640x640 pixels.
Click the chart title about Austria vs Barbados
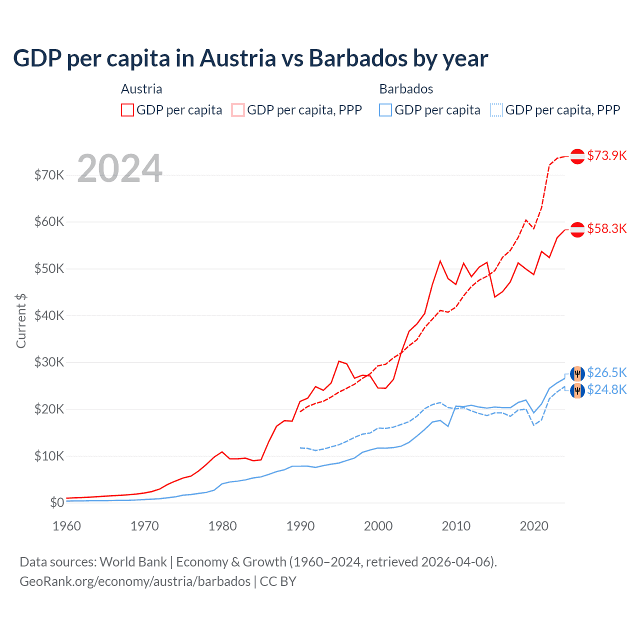[250, 58]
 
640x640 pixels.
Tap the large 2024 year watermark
[119, 168]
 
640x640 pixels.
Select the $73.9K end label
[606, 155]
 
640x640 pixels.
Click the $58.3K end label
[606, 228]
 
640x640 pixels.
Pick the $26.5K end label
[606, 372]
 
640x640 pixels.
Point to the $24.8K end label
[606, 389]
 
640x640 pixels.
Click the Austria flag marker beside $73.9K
[577, 156]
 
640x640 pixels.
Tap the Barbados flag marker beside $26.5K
[577, 373]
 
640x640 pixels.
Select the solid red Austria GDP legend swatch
[127, 110]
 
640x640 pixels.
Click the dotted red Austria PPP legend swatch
[238, 110]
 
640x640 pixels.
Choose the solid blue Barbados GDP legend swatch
[385, 110]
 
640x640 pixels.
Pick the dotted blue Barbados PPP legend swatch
[496, 110]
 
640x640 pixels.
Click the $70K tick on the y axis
[49, 175]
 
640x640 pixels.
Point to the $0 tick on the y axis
[57, 502]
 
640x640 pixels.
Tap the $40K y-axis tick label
[49, 315]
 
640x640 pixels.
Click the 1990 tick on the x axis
[300, 526]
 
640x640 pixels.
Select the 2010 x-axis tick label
[456, 526]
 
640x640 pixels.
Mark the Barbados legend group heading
[406, 89]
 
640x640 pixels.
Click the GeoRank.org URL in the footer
[135, 581]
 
